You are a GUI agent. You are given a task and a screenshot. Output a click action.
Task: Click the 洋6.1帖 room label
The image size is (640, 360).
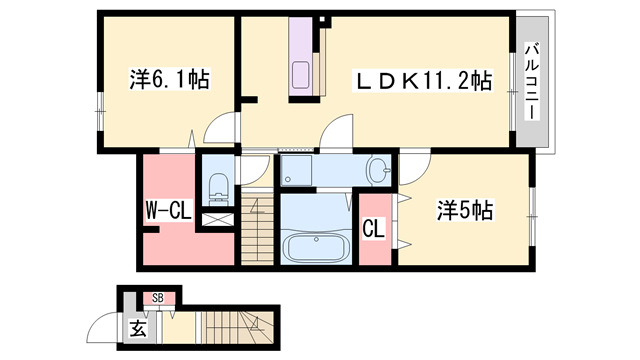coord(168,80)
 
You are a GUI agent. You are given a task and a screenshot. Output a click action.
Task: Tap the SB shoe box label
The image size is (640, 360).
coord(158,297)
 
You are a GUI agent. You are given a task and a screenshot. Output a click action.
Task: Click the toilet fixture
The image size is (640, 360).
coord(217,185)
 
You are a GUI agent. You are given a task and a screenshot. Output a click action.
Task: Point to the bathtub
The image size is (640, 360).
coord(317,246)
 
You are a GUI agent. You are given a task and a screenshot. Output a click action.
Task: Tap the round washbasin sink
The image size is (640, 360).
coord(378,170)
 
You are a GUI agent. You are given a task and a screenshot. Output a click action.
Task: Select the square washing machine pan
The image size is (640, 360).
coord(296,171)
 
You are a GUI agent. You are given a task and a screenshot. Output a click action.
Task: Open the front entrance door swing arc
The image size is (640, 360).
coord(102,327)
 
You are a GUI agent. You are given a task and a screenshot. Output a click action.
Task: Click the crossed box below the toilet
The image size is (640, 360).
coord(216,217)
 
